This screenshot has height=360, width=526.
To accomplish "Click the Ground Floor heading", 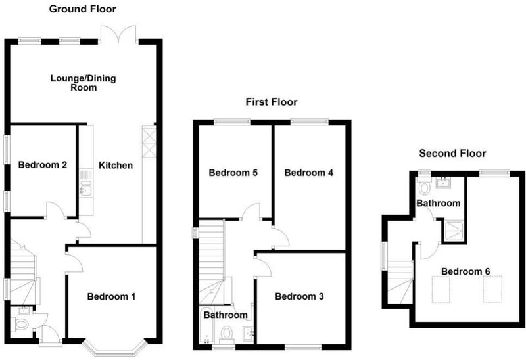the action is [x=83, y=9].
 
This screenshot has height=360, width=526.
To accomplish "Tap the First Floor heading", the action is [x=272, y=102].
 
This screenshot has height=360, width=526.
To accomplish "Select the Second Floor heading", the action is [x=452, y=154].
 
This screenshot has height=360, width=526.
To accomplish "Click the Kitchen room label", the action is [x=116, y=166].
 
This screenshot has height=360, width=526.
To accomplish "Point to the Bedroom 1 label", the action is [x=111, y=297].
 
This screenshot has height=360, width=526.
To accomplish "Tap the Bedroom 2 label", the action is [x=43, y=165].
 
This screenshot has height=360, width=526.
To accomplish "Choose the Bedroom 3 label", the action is [x=299, y=296].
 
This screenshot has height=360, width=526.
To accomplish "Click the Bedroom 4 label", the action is [x=308, y=173].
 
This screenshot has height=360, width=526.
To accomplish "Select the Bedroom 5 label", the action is [x=233, y=173].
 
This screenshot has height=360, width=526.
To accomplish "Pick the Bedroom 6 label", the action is [x=466, y=271].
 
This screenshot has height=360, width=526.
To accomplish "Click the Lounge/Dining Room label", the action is [x=84, y=83].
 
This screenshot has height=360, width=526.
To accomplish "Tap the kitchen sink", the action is [x=86, y=188].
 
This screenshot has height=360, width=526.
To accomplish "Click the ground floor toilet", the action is [x=20, y=324].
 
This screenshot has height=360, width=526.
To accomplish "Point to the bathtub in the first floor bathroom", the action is [x=205, y=325].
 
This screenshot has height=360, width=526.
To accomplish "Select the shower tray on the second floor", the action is [x=454, y=231].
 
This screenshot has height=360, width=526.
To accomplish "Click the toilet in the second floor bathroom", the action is [x=424, y=187].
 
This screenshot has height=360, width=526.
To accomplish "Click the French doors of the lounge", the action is [x=118, y=35].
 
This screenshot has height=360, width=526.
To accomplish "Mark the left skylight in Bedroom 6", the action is [x=441, y=289].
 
